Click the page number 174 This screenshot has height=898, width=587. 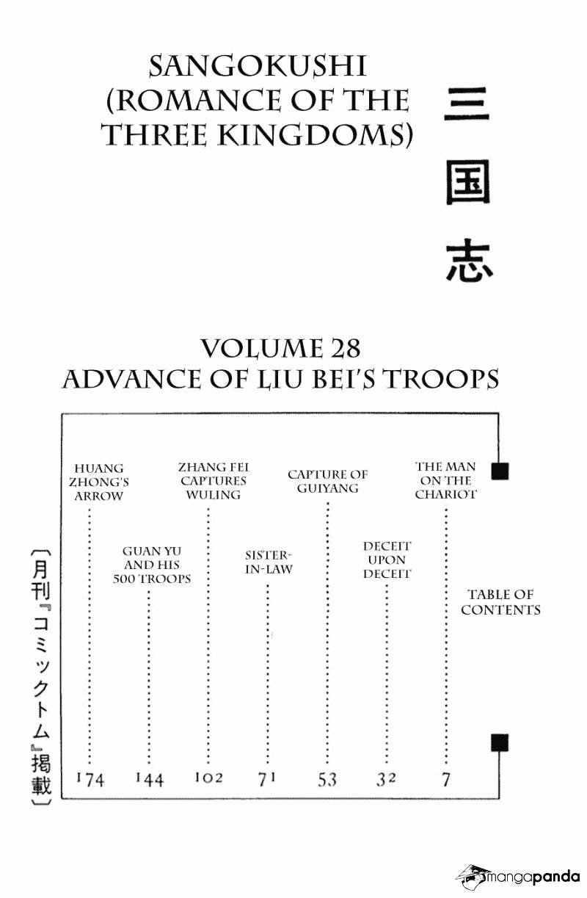(90, 780)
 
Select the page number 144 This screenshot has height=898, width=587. (150, 780)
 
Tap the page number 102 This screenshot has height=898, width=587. (208, 778)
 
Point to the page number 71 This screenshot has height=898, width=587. (267, 779)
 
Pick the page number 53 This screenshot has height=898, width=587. (327, 780)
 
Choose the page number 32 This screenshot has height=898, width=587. (386, 779)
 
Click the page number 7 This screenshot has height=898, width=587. (446, 780)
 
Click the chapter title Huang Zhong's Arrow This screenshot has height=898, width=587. (98, 482)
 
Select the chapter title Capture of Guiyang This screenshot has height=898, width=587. (327, 481)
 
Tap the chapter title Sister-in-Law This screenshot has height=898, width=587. (269, 562)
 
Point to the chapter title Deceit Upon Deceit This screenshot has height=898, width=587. (387, 560)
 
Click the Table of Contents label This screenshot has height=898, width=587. (500, 602)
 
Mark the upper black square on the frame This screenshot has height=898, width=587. (500, 471)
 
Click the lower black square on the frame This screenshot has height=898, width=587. (500, 742)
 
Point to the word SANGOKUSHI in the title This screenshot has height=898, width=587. (258, 66)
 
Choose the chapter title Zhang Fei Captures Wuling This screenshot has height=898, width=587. (214, 481)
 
